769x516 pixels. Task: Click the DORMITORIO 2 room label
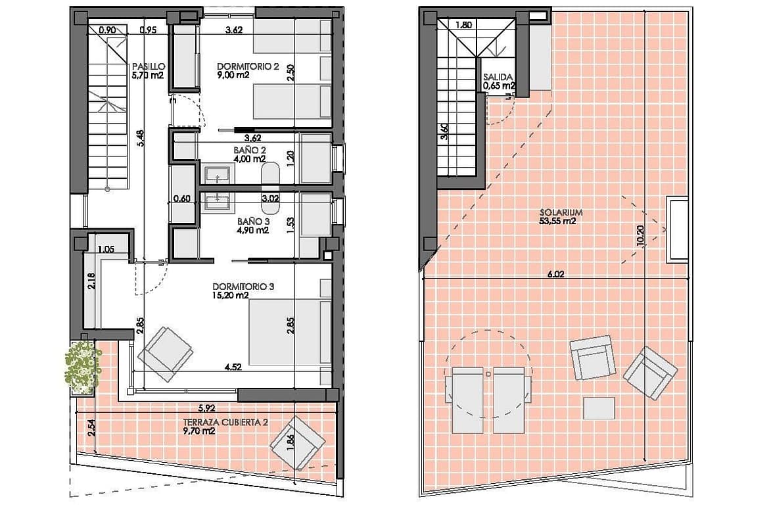point(248,66)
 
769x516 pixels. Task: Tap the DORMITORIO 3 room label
point(243,287)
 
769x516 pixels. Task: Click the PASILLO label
point(149,66)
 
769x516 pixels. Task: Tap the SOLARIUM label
point(561,213)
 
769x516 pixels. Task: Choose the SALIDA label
point(498,77)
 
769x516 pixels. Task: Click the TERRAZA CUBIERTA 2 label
point(225,422)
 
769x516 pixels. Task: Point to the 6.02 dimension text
point(555,274)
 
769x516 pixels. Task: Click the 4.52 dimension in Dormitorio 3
point(233,366)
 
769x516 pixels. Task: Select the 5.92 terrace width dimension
point(207,408)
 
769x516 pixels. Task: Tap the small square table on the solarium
point(599,408)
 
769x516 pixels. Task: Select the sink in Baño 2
point(217,175)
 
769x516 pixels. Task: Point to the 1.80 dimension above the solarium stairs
point(463,25)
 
